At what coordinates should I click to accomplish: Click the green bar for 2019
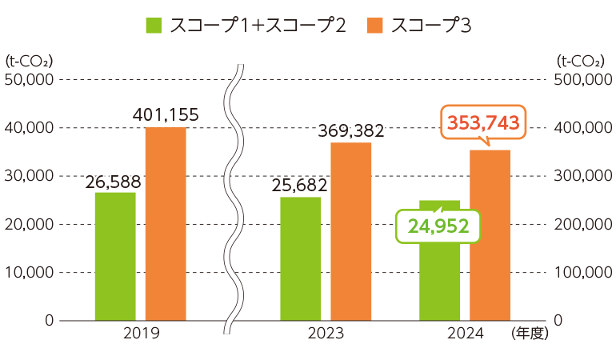[x=115, y=256]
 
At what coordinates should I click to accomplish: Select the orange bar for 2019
[x=166, y=224]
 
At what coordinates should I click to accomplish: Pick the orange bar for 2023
[x=351, y=231]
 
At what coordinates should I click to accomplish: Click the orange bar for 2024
[x=490, y=235]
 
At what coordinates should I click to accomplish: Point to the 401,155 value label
[x=166, y=115]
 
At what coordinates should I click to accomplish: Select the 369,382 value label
[x=351, y=130]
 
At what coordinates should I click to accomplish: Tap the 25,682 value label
[x=299, y=185]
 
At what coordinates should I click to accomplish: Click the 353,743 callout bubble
[x=484, y=122]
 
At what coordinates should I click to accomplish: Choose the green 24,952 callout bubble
[x=438, y=226]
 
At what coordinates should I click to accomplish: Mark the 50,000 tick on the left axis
[x=29, y=79]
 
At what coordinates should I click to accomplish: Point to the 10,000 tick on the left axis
[x=29, y=272]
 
